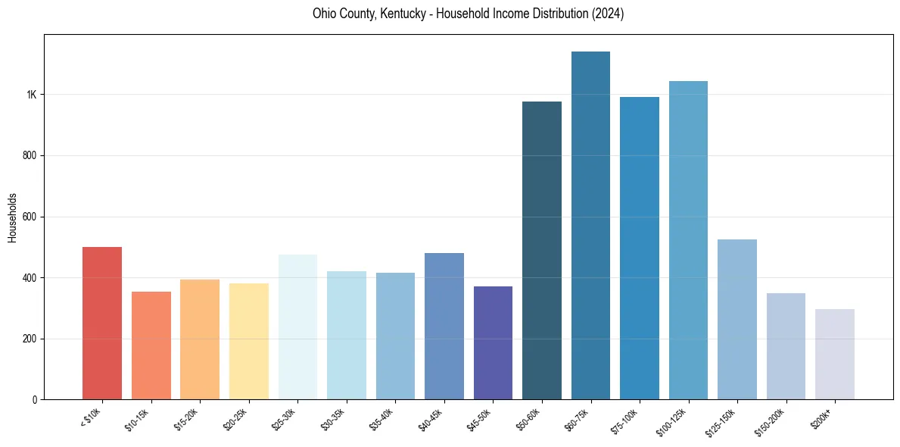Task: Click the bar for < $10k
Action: coord(102,324)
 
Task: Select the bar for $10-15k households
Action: coord(151,345)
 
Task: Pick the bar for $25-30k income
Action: coord(297,327)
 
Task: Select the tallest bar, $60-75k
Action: coord(590,226)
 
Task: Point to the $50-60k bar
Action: coord(542,251)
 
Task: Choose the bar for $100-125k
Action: coord(688,240)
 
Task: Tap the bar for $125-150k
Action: coord(737,320)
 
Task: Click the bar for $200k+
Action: coord(834,355)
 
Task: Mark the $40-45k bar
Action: coord(444,327)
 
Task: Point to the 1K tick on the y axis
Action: coord(31,95)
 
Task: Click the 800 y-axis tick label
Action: coord(29,156)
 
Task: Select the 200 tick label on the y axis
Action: coord(29,339)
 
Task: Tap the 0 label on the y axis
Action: coord(34,400)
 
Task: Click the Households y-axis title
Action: coord(12,217)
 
